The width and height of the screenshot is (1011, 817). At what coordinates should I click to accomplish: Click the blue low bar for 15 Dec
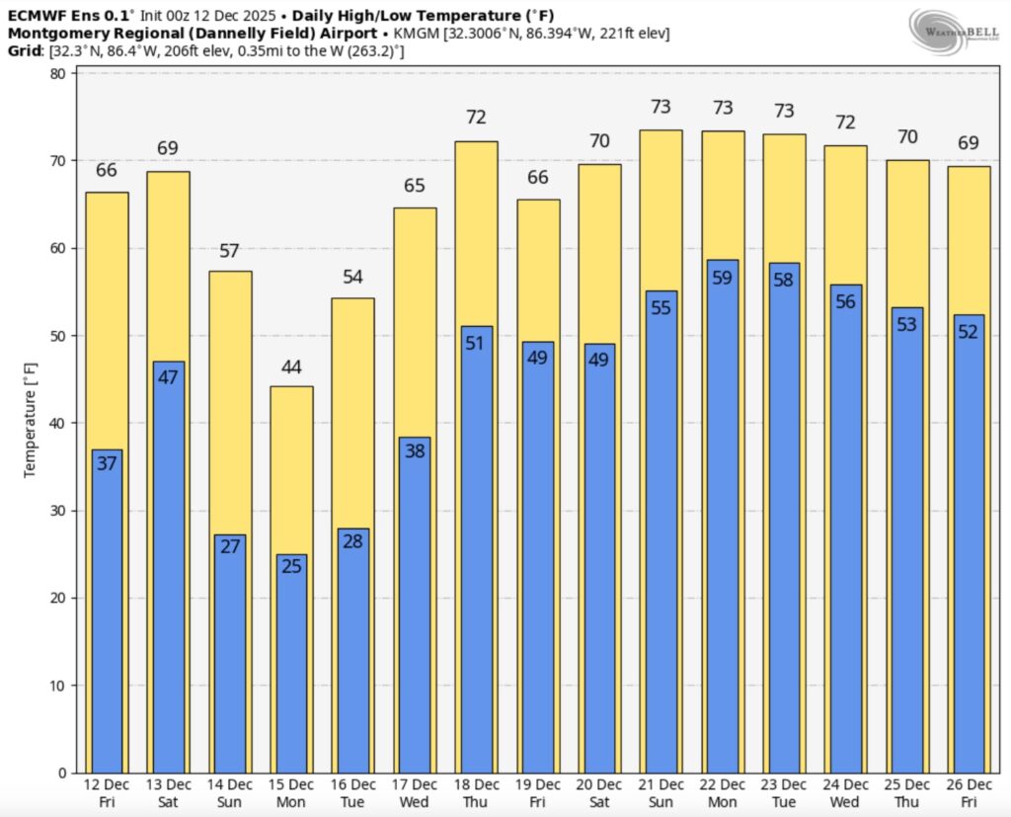pos(291,662)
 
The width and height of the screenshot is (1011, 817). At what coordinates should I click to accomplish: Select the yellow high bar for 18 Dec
pos(476,237)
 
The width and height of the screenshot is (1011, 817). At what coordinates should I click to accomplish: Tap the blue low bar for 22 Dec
pos(723,514)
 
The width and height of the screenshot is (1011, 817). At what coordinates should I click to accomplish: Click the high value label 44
pos(291,368)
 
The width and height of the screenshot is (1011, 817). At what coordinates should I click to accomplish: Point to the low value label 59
pos(723,278)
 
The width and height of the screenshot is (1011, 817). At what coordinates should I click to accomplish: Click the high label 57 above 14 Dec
pos(229,251)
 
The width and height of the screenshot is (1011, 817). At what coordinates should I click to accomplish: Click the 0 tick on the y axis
pos(61,773)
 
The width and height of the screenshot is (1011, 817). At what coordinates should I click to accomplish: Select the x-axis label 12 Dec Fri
pos(106,791)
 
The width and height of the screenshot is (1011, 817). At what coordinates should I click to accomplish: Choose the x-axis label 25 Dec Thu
pos(907,791)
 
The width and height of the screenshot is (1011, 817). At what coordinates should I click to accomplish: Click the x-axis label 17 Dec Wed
pos(415,791)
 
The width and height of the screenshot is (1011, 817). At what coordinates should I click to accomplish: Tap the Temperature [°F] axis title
pos(31,423)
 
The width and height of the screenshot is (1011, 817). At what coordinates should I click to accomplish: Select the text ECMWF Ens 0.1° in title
pos(63,16)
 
